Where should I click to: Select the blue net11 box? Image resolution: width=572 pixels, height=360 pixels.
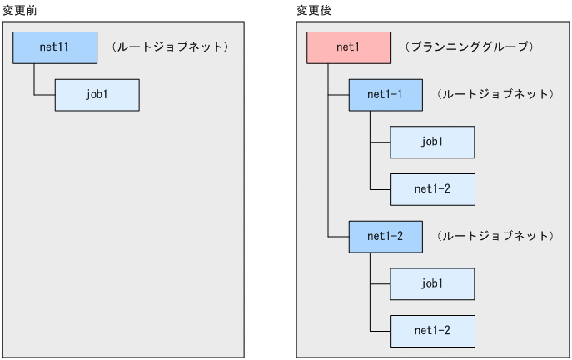(x=54, y=47)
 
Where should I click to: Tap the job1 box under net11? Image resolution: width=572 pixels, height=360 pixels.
(x=97, y=95)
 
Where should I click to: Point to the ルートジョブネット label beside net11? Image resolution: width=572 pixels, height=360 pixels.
(x=169, y=47)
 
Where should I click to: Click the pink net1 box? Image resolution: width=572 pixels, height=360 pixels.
(x=348, y=47)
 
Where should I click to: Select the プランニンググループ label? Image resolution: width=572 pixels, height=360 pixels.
(x=468, y=47)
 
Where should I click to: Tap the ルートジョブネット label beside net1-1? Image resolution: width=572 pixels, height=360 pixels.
(x=495, y=95)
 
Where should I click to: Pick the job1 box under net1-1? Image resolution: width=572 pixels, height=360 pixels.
(x=432, y=142)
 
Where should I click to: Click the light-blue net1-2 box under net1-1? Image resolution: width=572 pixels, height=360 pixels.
(x=432, y=189)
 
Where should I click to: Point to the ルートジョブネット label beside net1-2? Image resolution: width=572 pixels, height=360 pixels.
(x=495, y=237)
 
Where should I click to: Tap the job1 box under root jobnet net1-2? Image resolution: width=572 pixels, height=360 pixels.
(x=432, y=284)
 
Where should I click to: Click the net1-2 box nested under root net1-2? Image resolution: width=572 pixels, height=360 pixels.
(x=432, y=331)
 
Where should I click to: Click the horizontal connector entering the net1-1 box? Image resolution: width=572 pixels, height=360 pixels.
(x=338, y=95)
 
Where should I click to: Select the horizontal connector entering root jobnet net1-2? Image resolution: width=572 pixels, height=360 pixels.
(x=338, y=237)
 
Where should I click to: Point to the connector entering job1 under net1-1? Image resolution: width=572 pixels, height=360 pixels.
(x=380, y=142)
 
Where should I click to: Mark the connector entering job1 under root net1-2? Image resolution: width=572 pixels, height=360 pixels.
(x=380, y=284)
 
